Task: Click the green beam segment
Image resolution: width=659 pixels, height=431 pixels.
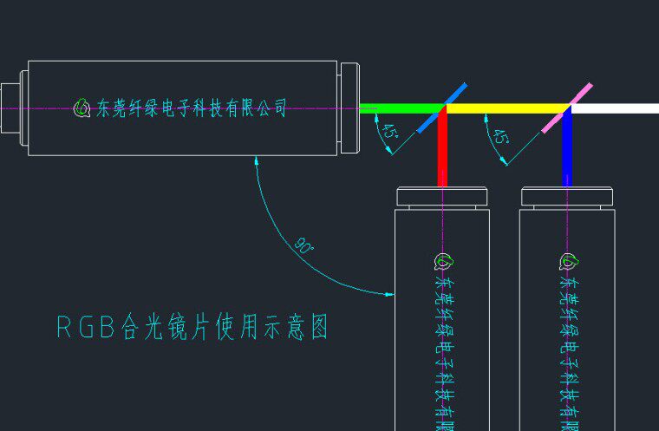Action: coord(399,108)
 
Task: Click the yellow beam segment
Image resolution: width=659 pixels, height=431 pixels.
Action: coord(507,108)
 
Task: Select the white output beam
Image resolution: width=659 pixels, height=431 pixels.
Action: coord(616,108)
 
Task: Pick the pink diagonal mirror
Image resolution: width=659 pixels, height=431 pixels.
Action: coord(568,107)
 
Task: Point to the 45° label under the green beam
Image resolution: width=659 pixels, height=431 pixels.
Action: coord(389,133)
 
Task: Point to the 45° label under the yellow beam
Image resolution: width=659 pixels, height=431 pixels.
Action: coord(500,136)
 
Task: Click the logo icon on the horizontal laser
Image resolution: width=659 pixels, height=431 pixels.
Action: coord(82,108)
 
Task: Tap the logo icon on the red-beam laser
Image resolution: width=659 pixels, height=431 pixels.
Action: coord(442,261)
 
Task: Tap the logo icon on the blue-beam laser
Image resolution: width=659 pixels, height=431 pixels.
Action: coord(568,261)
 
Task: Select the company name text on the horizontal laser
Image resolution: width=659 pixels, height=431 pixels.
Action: coord(191,108)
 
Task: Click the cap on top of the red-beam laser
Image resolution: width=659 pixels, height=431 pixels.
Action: coord(442,196)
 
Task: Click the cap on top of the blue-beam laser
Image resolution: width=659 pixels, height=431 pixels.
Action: coord(568,196)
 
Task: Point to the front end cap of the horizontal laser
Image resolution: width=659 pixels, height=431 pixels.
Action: coord(349,108)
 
